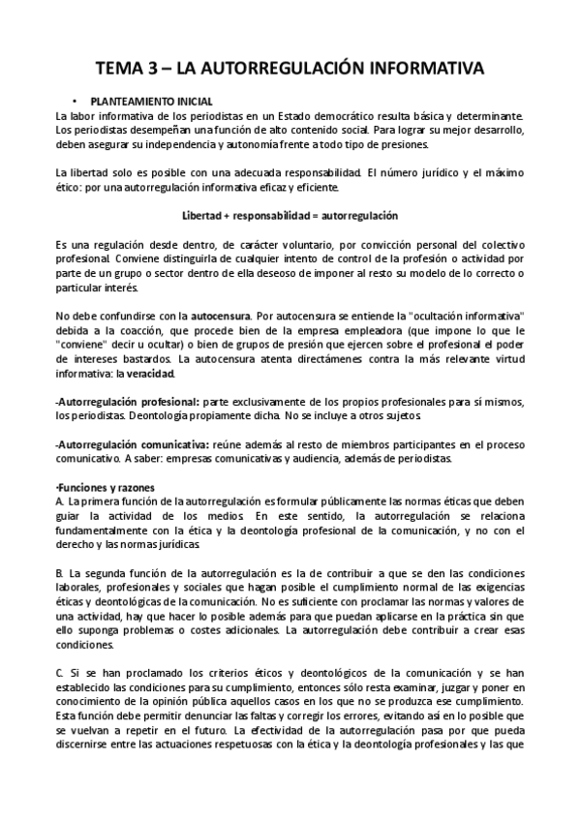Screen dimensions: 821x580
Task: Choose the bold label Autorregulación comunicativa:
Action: coord(121,444)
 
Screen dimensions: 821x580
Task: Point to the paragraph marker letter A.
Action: coord(60,502)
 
